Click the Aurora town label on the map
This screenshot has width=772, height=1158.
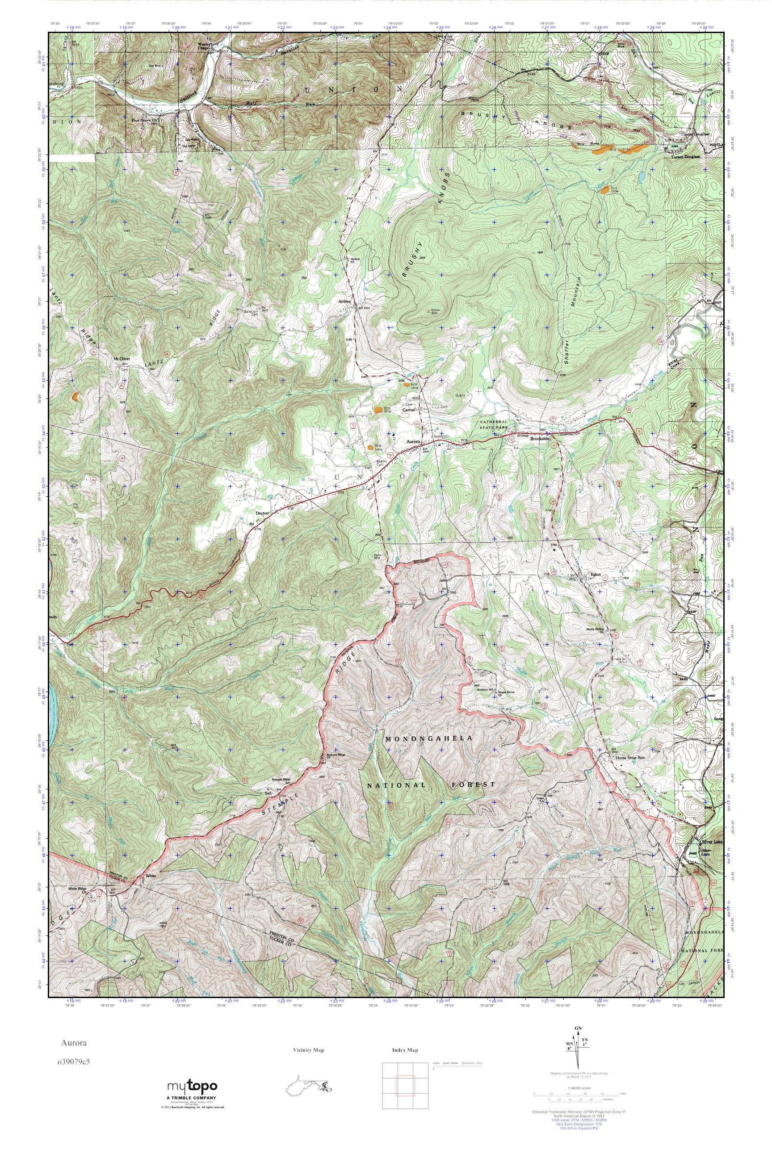[x=413, y=442]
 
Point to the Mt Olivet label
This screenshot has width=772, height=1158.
[x=121, y=359]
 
